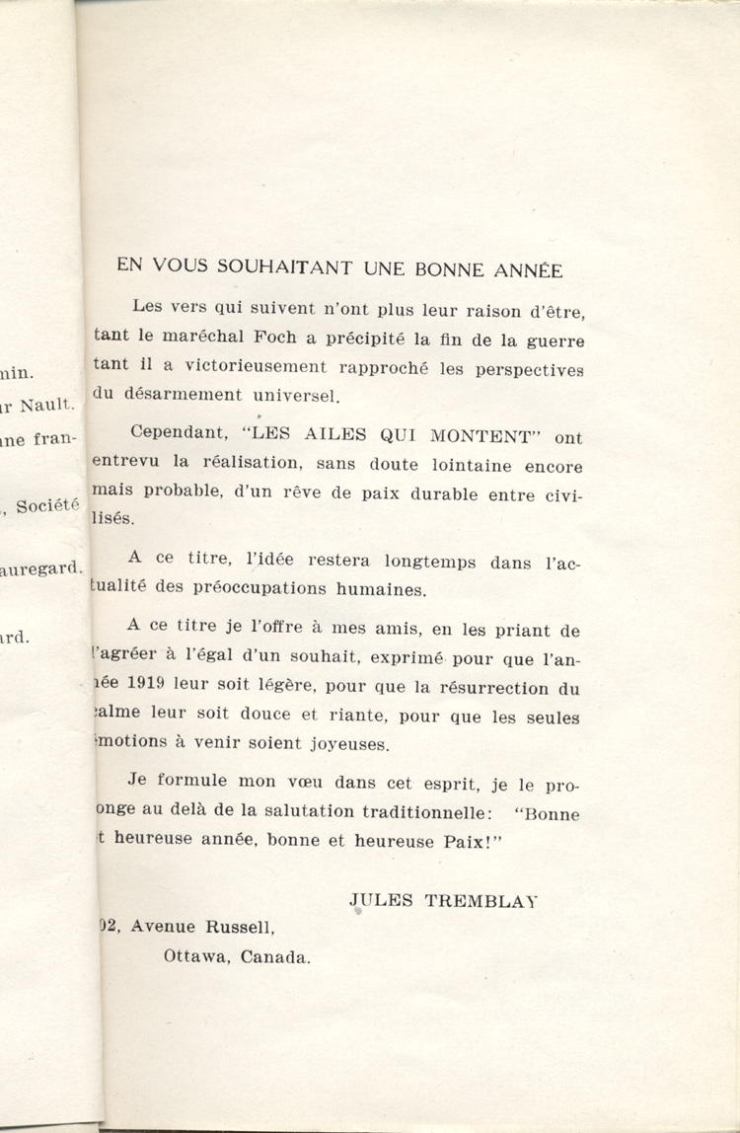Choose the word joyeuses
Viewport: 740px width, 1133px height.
tap(336, 742)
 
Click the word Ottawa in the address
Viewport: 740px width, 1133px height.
tap(195, 955)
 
